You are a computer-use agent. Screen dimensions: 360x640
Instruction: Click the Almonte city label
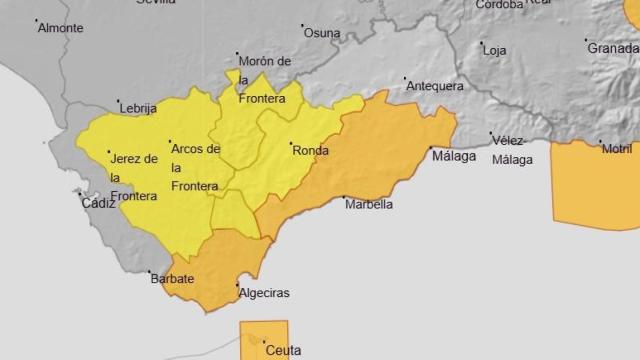(60, 28)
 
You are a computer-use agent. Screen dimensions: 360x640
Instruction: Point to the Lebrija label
(138, 108)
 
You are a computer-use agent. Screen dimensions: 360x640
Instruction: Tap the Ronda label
(310, 151)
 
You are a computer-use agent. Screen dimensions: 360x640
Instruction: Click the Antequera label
(435, 86)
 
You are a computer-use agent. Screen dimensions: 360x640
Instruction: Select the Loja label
(495, 50)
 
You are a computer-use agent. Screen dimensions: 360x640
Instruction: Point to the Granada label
(613, 48)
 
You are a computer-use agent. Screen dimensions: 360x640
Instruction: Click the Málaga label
(453, 155)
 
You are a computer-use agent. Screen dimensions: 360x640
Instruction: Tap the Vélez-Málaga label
(513, 150)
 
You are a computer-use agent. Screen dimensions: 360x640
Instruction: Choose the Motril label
(617, 149)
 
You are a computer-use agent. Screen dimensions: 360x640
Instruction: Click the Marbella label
(368, 204)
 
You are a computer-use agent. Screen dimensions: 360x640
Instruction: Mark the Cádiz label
(99, 203)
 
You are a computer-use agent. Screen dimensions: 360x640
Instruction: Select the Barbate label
(173, 279)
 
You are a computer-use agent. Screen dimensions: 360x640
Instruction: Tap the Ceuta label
(283, 350)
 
